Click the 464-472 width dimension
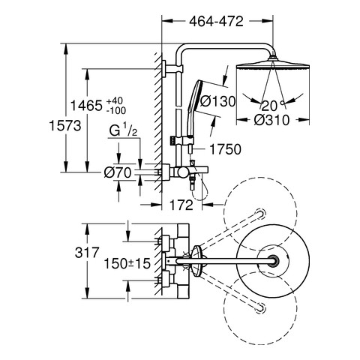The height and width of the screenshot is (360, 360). (x=216, y=22)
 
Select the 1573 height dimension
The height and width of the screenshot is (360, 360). (x=65, y=125)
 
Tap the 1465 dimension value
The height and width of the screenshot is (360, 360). (x=86, y=105)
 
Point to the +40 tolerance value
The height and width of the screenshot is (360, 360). (x=115, y=101)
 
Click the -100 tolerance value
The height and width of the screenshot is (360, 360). (x=116, y=110)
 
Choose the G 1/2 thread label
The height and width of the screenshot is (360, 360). (x=123, y=131)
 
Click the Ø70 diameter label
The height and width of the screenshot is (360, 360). (x=118, y=172)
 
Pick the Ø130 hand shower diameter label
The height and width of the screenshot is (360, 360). (x=218, y=101)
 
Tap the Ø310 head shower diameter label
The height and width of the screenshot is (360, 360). (x=271, y=120)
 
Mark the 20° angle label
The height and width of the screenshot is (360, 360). (x=273, y=106)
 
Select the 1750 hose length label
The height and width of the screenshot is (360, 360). (x=225, y=149)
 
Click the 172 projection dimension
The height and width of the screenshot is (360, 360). (x=181, y=205)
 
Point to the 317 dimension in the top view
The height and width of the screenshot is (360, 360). (x=87, y=253)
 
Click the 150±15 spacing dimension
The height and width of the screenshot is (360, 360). (x=127, y=263)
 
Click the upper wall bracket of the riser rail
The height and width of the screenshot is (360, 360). (x=172, y=69)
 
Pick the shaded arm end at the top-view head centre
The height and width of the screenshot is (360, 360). (x=273, y=261)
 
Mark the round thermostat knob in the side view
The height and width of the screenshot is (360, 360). (x=181, y=172)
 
